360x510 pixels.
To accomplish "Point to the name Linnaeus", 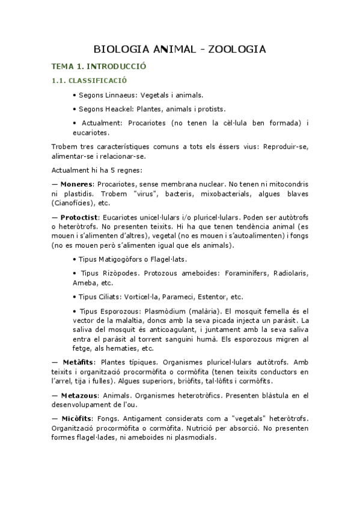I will (x=123, y=94).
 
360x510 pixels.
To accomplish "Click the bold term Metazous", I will (x=79, y=395).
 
